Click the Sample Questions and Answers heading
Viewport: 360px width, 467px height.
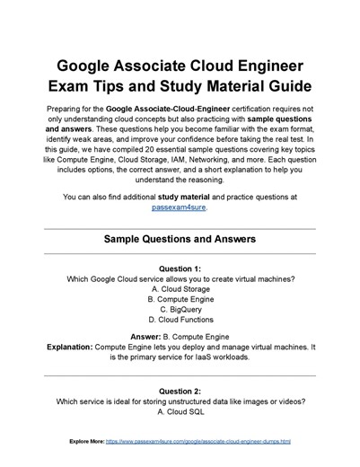tap(180, 240)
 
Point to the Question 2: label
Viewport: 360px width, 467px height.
tap(180, 392)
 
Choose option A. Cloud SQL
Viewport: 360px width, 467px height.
tap(180, 412)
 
